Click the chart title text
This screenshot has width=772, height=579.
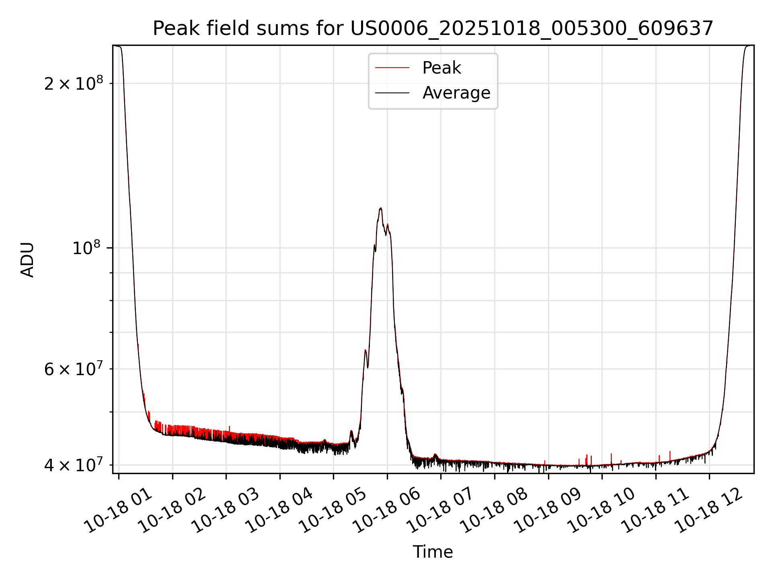point(433,29)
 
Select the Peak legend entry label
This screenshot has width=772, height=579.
point(441,68)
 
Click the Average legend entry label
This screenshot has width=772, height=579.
point(456,93)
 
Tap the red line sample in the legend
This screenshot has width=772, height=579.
point(392,68)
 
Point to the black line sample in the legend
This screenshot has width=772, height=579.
point(392,93)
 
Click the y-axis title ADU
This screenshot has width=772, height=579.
point(27,260)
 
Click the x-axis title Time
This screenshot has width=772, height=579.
point(433,552)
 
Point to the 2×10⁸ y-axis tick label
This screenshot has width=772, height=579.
point(74,84)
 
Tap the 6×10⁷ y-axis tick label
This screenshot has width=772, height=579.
point(74,369)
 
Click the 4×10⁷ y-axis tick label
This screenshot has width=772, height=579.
point(74,465)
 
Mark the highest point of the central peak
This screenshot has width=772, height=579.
point(380,208)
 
